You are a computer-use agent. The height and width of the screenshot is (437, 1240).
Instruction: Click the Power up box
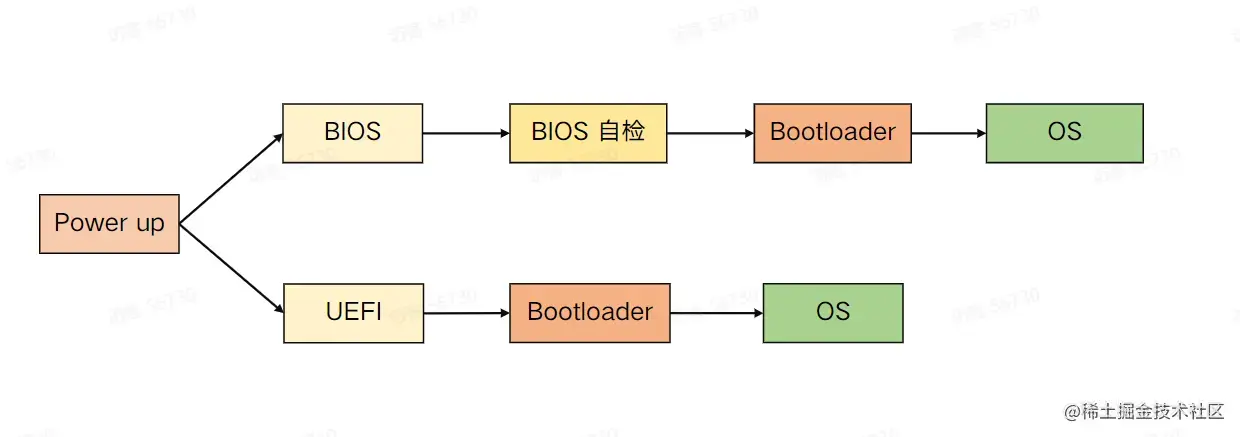tap(109, 223)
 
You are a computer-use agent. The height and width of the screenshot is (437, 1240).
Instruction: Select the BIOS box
tap(352, 132)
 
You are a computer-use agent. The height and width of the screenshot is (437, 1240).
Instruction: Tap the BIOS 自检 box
tap(587, 132)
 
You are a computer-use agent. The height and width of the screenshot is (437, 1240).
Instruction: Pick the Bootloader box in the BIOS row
tap(832, 132)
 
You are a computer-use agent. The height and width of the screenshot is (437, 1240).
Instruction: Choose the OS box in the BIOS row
tap(1064, 132)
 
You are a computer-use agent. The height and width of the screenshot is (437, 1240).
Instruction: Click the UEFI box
tap(352, 312)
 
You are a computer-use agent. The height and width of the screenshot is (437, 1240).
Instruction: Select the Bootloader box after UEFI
tap(589, 312)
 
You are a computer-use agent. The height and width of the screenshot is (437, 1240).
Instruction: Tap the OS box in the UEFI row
tap(832, 312)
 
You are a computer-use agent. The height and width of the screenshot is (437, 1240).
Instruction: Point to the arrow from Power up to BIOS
tap(231, 178)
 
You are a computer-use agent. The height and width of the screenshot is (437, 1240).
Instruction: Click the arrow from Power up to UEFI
tap(231, 268)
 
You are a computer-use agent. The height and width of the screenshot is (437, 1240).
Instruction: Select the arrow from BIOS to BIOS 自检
tap(466, 132)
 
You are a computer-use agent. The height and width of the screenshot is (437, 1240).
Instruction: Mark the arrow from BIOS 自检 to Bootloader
tap(710, 132)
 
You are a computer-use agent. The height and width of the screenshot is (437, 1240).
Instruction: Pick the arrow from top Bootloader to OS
tap(948, 132)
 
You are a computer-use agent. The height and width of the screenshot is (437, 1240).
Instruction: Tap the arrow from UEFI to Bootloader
tap(466, 312)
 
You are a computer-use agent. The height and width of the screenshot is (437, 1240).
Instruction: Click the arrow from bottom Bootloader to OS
tap(716, 312)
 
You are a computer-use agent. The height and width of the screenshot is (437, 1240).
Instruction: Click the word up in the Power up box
tap(149, 224)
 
